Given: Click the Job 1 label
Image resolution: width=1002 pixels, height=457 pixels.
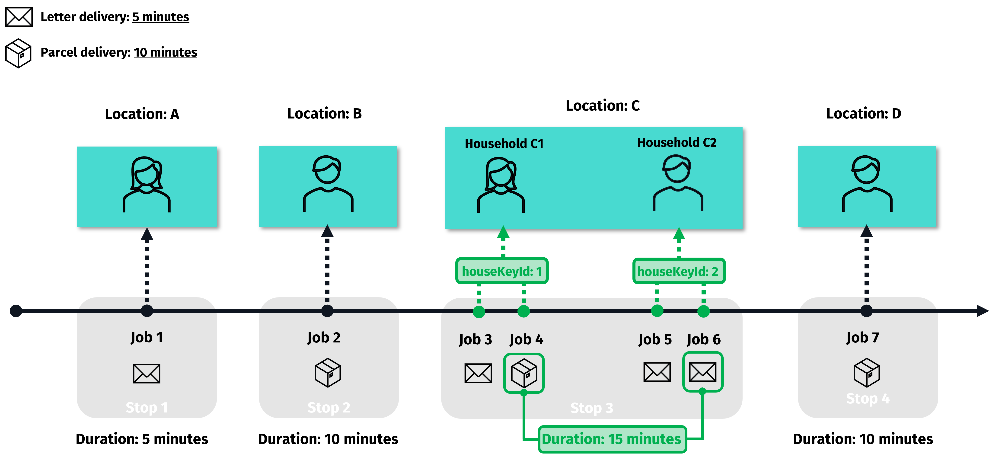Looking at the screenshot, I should [x=147, y=337].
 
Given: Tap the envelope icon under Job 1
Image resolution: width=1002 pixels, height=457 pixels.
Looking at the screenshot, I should [x=147, y=373].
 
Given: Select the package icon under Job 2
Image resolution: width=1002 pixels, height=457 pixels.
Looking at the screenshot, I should [x=328, y=373].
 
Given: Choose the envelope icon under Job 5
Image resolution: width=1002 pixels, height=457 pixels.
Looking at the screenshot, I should [x=657, y=372].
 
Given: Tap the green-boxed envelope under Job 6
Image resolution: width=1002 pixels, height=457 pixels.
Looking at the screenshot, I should [x=702, y=372].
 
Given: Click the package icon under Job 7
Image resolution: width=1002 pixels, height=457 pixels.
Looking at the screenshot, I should [x=867, y=373].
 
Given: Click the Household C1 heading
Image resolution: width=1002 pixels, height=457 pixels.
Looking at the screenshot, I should [x=504, y=144].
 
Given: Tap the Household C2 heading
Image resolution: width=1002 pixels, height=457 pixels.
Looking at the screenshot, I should [x=677, y=142].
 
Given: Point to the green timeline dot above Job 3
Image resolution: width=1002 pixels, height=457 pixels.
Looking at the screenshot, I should [x=479, y=312].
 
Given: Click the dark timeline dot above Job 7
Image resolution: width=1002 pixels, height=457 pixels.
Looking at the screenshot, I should [x=866, y=311].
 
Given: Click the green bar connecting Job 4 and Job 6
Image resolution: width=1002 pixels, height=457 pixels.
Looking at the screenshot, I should [x=612, y=439].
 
